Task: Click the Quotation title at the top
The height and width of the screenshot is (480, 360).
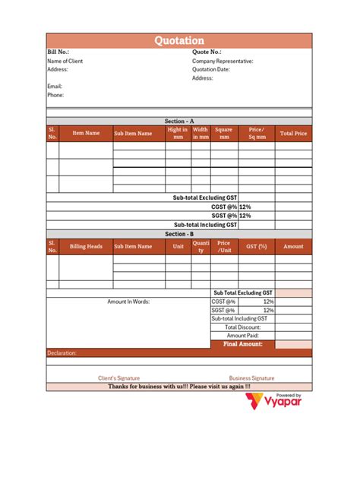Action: click(x=179, y=41)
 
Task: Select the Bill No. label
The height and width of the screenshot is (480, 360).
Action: click(x=58, y=52)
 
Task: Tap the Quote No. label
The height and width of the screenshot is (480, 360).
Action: click(x=207, y=52)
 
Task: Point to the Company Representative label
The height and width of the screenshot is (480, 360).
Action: click(x=223, y=61)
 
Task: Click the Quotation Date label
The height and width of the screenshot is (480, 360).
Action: click(x=210, y=69)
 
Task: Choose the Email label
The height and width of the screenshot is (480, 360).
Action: click(x=55, y=87)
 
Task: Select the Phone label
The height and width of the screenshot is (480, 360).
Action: click(x=55, y=95)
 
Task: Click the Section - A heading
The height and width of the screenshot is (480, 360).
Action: click(x=179, y=121)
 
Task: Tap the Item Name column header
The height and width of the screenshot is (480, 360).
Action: click(x=86, y=133)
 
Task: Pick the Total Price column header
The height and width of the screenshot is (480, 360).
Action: click(x=293, y=133)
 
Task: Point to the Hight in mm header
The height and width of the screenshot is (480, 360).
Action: click(x=178, y=133)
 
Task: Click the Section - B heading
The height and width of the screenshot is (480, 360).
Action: click(x=179, y=234)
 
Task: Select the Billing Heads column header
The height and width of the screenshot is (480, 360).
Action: click(x=86, y=246)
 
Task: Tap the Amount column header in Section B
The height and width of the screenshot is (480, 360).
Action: click(x=293, y=246)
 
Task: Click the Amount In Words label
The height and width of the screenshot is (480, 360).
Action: click(x=128, y=302)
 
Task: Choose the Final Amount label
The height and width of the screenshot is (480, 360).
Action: click(x=242, y=344)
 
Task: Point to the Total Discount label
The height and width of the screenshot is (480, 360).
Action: click(x=242, y=327)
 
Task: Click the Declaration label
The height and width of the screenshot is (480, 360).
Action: click(x=62, y=353)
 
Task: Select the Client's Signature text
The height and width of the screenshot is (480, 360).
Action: click(x=118, y=377)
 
